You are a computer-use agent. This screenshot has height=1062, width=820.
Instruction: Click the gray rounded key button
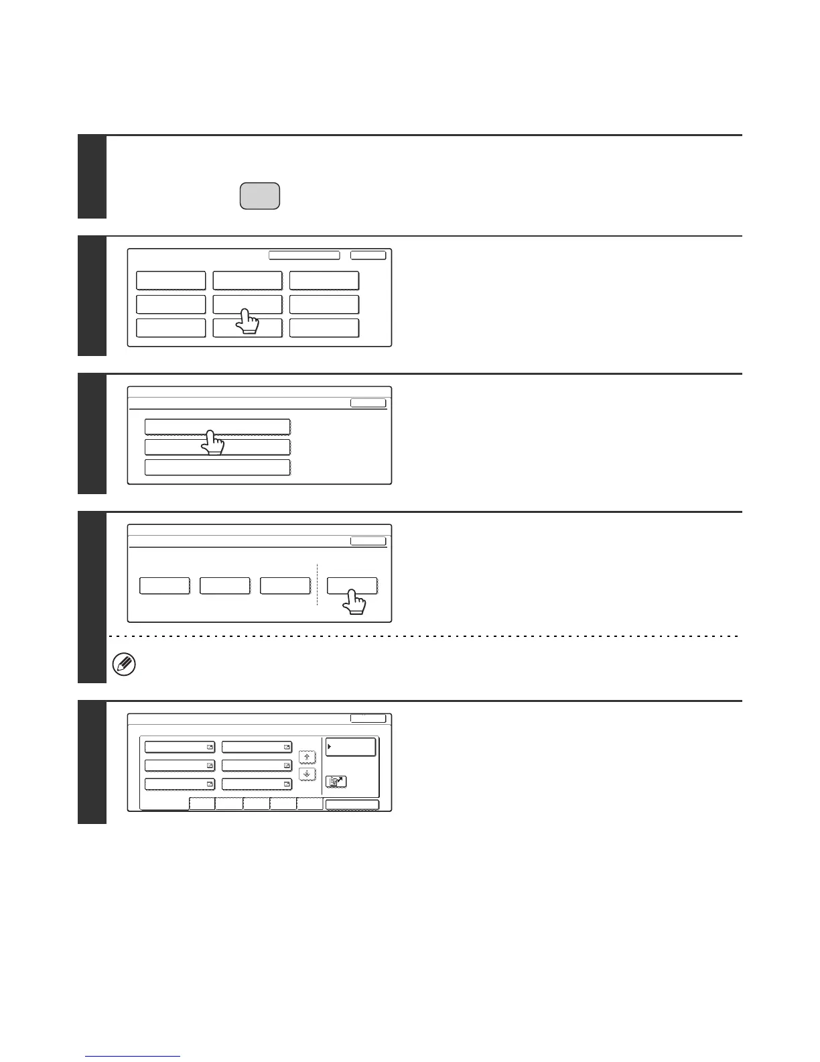pos(259,196)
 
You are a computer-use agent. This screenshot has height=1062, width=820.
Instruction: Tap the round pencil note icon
pos(125,665)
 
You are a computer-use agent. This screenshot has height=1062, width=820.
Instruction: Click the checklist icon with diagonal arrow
pos(336,781)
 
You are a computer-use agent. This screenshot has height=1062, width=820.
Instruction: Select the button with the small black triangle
pos(350,747)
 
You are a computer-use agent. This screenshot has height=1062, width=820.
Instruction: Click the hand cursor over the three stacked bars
pos(212,442)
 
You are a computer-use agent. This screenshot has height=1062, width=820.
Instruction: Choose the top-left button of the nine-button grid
pos(171,280)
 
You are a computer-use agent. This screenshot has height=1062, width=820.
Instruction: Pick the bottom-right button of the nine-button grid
pos(324,328)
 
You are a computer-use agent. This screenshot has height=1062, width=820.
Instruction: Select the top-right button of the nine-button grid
pos(324,280)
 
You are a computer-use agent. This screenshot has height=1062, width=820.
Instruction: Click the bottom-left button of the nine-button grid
pos(171,328)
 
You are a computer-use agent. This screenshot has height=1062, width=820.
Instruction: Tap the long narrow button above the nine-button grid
pos(304,255)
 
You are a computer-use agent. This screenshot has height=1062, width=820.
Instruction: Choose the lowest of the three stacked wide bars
pos(218,467)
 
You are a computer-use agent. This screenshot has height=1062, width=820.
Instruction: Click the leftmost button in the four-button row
pos(164,585)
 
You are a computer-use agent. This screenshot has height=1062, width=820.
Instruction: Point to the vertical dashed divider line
pos(317,585)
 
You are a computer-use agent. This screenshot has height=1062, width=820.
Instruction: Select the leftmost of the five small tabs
pos(202,804)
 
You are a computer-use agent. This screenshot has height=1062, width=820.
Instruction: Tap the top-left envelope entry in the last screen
pos(180,747)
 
